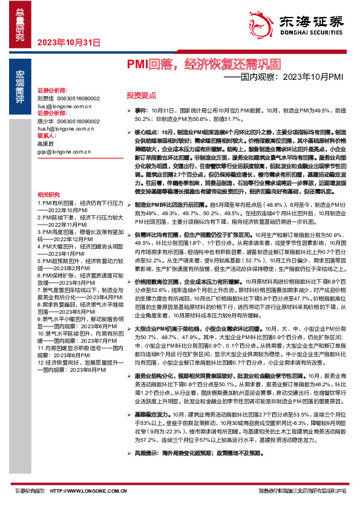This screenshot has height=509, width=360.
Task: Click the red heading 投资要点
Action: pyautogui.click(x=141, y=96)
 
